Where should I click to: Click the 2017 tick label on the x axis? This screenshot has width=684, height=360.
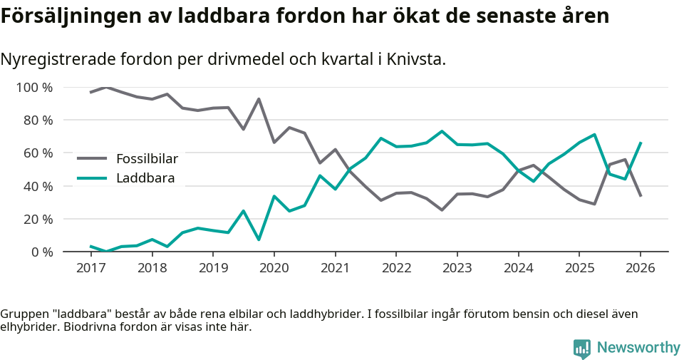[90, 268]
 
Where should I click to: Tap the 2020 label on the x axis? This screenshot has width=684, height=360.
[274, 268]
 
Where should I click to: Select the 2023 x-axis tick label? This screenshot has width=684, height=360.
[457, 268]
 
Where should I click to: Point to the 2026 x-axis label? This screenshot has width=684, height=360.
[640, 268]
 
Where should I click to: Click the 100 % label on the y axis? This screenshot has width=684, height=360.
[35, 88]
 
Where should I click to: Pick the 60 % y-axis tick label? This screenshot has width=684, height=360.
[38, 153]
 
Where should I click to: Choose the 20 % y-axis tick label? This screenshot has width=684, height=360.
[38, 219]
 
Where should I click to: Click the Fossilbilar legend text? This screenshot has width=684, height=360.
[147, 158]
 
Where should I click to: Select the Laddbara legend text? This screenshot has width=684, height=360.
[145, 178]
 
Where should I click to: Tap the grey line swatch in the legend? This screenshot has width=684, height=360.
[92, 158]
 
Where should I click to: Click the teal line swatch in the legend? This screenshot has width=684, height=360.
[92, 178]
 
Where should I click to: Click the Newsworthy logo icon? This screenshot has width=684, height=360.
[581, 348]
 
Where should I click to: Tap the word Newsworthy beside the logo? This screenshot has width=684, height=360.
[638, 347]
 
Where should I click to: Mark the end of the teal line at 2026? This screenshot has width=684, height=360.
[641, 143]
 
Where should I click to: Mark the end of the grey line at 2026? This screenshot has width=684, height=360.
[641, 195]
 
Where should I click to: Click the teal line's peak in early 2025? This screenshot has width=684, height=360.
[594, 135]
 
